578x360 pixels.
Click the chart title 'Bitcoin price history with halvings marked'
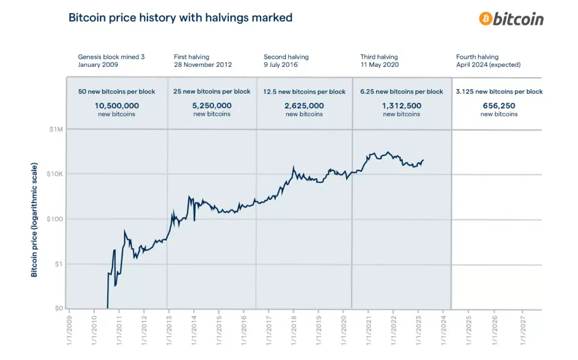(181, 17)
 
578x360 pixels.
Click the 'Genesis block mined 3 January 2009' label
(111, 61)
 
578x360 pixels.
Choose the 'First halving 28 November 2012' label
(202, 61)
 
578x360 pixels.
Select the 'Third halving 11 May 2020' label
(379, 61)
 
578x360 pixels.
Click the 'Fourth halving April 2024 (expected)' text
(488, 61)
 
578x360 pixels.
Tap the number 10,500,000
(116, 105)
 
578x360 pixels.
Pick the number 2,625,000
(304, 105)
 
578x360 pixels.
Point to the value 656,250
(499, 105)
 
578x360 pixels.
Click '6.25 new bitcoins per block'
(402, 92)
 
